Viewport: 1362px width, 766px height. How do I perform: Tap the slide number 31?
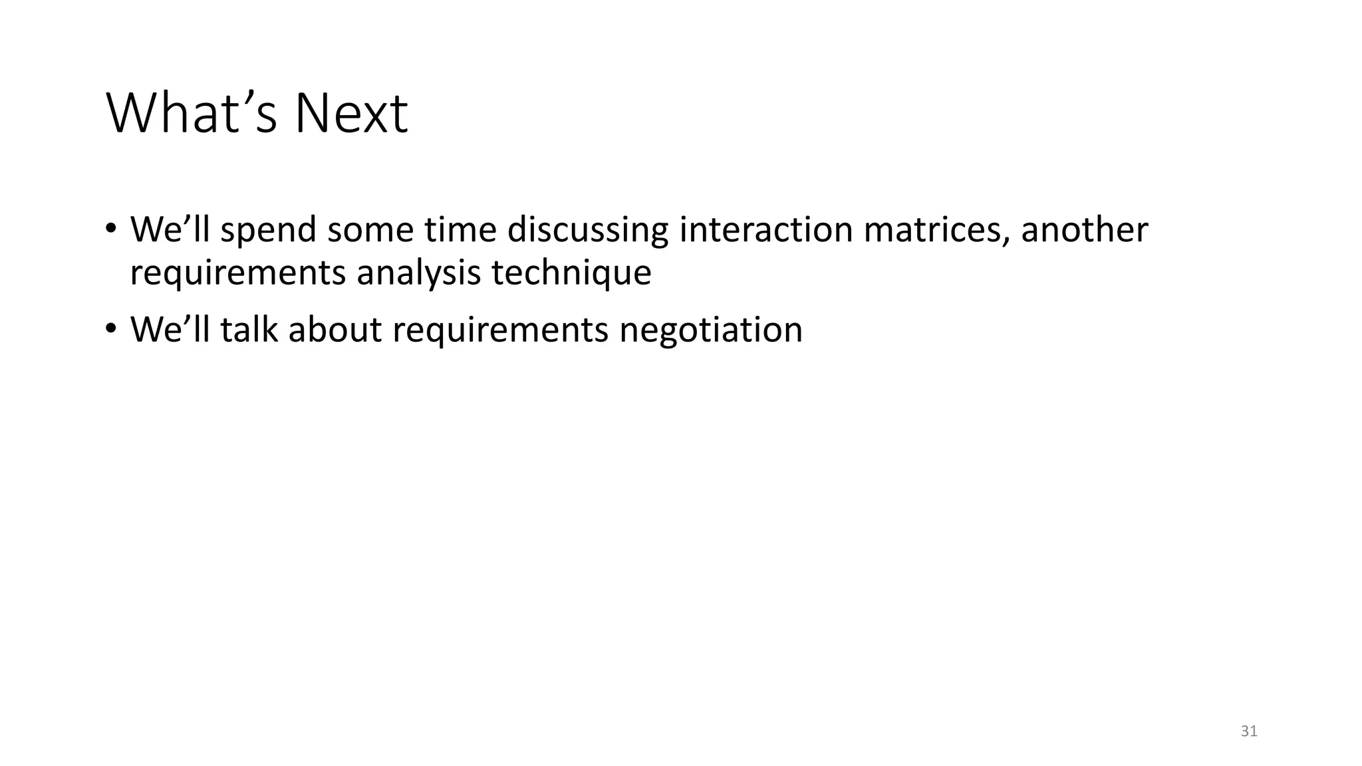(x=1249, y=731)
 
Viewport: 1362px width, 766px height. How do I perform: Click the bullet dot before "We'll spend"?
(x=110, y=229)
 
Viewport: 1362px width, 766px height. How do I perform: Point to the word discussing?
(x=587, y=231)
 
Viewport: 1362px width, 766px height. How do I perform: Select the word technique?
(x=571, y=273)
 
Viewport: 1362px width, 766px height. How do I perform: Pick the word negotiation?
(x=710, y=330)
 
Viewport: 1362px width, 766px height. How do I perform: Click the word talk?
(x=249, y=329)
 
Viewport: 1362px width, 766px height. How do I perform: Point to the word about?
(x=335, y=329)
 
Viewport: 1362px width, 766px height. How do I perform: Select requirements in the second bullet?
(x=500, y=330)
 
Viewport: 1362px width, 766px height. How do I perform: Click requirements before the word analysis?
(x=237, y=273)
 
